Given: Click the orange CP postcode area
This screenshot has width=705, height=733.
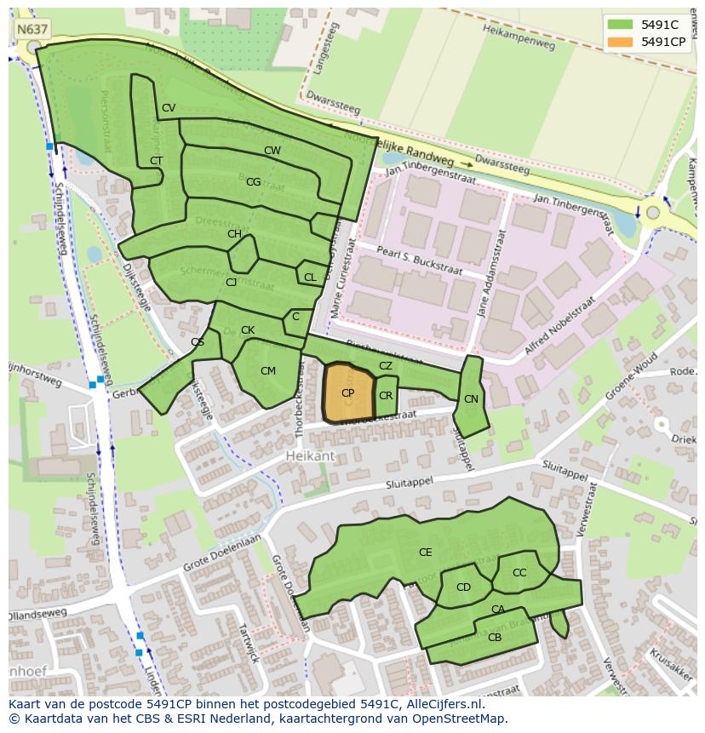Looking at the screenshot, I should [348, 393].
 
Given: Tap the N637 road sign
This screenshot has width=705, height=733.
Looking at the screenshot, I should [32, 29].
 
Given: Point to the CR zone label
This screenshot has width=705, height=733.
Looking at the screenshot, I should [386, 396].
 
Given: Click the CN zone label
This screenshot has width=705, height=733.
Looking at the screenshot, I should [471, 399].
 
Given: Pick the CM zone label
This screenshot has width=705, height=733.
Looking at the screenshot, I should [268, 371].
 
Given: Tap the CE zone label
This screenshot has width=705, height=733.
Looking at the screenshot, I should [425, 553].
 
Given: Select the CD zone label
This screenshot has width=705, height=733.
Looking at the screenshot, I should [463, 587].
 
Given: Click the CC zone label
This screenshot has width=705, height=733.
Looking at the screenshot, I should [519, 573].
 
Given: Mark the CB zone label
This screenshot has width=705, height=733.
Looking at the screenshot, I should [495, 637].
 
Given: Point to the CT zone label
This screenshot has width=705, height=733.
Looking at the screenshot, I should [156, 161].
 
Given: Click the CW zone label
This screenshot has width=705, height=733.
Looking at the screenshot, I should [272, 151].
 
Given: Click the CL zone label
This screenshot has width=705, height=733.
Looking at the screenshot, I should [310, 278].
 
